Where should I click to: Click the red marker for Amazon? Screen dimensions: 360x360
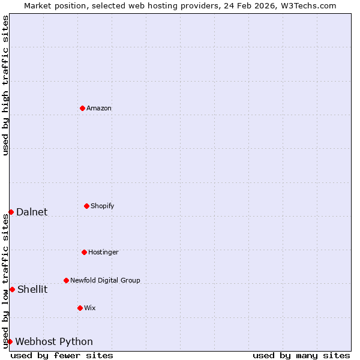pyautogui.click(x=82, y=108)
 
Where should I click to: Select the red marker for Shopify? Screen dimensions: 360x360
pyautogui.click(x=86, y=206)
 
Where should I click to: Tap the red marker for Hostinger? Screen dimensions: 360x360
pyautogui.click(x=84, y=252)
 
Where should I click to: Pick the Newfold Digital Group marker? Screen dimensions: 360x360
pyautogui.click(x=66, y=280)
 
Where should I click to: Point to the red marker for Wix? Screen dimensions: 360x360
pyautogui.click(x=80, y=308)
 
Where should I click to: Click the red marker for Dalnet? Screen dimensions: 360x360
pyautogui.click(x=11, y=212)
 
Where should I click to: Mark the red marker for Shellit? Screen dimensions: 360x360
pyautogui.click(x=12, y=289)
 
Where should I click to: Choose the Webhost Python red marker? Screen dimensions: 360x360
pyautogui.click(x=10, y=341)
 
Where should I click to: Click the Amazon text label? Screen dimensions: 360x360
pyautogui.click(x=99, y=109)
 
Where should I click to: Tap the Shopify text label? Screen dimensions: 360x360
pyautogui.click(x=103, y=206)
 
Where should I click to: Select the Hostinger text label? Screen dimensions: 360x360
pyautogui.click(x=103, y=253)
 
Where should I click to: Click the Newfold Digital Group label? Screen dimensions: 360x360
pyautogui.click(x=105, y=281)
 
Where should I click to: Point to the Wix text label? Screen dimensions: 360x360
pyautogui.click(x=90, y=308)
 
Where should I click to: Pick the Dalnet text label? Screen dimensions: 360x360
pyautogui.click(x=32, y=212)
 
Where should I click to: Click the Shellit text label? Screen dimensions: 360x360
pyautogui.click(x=32, y=289)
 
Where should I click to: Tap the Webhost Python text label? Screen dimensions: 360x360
pyautogui.click(x=54, y=342)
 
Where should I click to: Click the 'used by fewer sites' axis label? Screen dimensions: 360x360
pyautogui.click(x=62, y=355)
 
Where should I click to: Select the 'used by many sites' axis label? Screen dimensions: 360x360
pyautogui.click(x=301, y=355)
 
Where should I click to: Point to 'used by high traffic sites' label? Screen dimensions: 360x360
pyautogui.click(x=5, y=85)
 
